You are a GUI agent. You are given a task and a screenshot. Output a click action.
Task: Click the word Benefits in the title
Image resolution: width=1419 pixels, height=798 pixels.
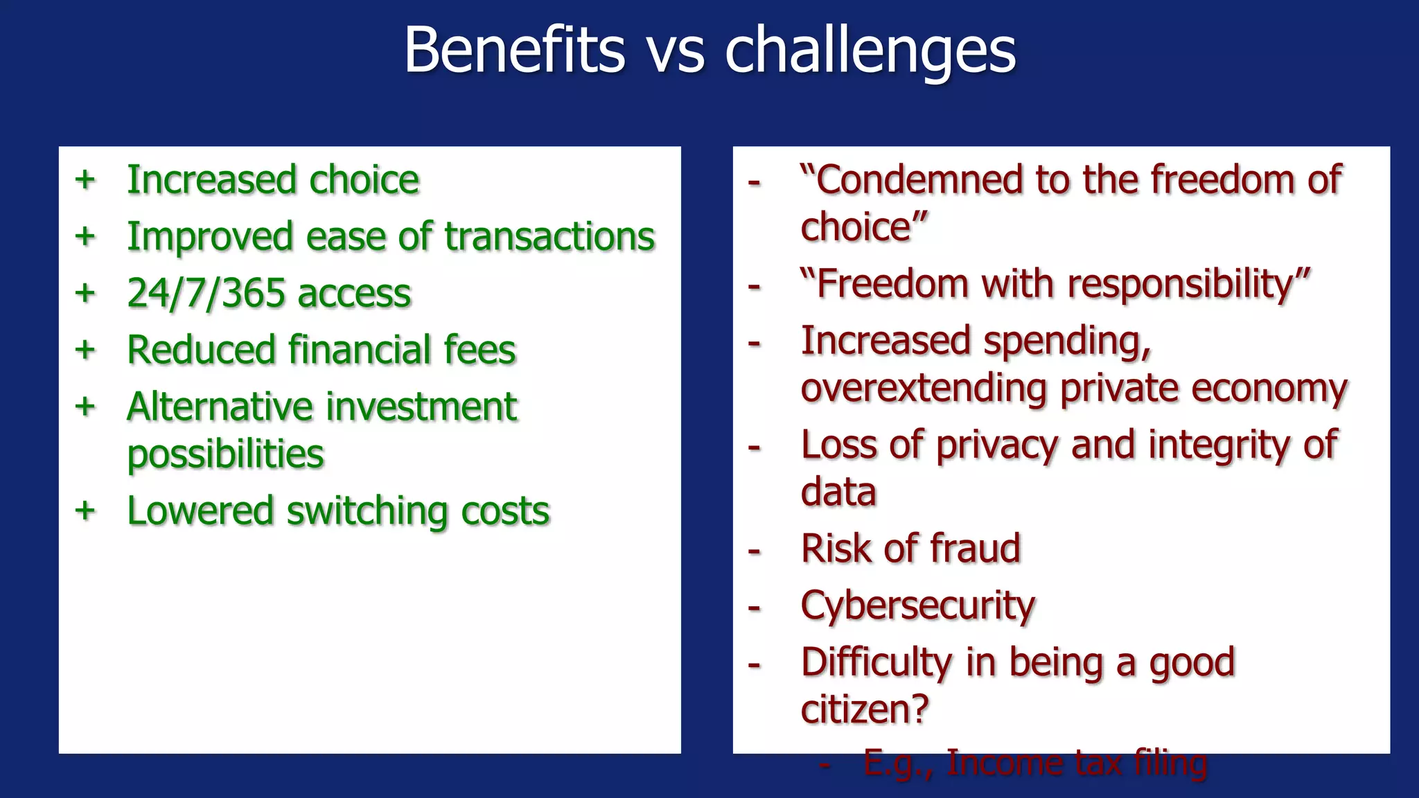click(x=514, y=50)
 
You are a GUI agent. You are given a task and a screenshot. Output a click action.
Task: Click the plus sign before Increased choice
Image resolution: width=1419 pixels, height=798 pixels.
click(x=85, y=180)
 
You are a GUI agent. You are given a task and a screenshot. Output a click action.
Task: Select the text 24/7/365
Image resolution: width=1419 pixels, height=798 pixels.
click(x=206, y=294)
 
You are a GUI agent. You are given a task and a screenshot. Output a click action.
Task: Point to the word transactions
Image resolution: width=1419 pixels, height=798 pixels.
click(x=549, y=237)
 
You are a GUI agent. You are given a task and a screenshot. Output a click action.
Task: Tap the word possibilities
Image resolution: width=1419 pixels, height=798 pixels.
click(x=225, y=455)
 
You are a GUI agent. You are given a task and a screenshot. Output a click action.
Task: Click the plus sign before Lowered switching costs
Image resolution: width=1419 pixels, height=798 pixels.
click(x=85, y=511)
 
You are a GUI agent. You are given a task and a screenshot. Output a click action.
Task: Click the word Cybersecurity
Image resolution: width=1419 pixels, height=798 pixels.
click(x=917, y=607)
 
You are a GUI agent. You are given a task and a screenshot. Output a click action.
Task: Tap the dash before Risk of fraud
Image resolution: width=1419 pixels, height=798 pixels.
click(x=755, y=551)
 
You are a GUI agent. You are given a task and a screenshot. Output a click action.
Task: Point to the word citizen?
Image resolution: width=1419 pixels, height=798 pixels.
click(x=864, y=710)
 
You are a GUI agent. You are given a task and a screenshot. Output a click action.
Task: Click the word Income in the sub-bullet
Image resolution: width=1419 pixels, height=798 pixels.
click(x=997, y=763)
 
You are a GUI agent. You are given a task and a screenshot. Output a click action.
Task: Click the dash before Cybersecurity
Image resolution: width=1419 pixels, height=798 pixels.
click(x=755, y=608)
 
